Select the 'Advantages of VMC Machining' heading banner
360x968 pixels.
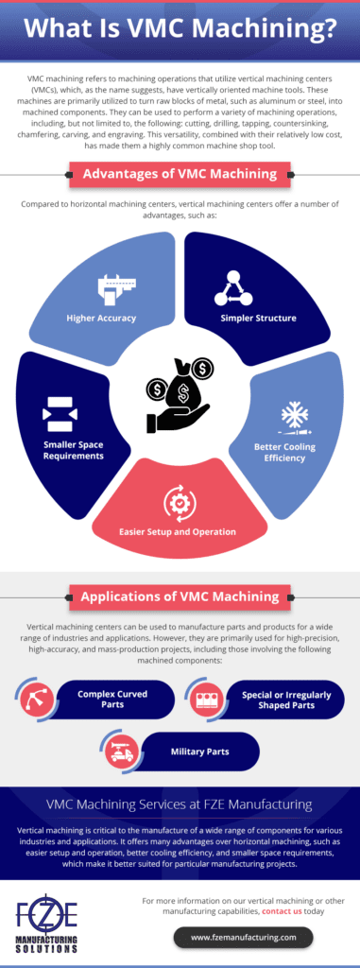pyautogui.click(x=179, y=174)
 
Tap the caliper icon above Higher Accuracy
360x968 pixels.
pyautogui.click(x=112, y=288)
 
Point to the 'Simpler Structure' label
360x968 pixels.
pyautogui.click(x=258, y=318)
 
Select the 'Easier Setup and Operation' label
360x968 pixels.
pyautogui.click(x=180, y=532)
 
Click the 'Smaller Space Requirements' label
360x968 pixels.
pyautogui.click(x=73, y=449)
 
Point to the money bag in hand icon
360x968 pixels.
pyautogui.click(x=179, y=389)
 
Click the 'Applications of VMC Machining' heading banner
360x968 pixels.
pyautogui.click(x=179, y=596)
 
